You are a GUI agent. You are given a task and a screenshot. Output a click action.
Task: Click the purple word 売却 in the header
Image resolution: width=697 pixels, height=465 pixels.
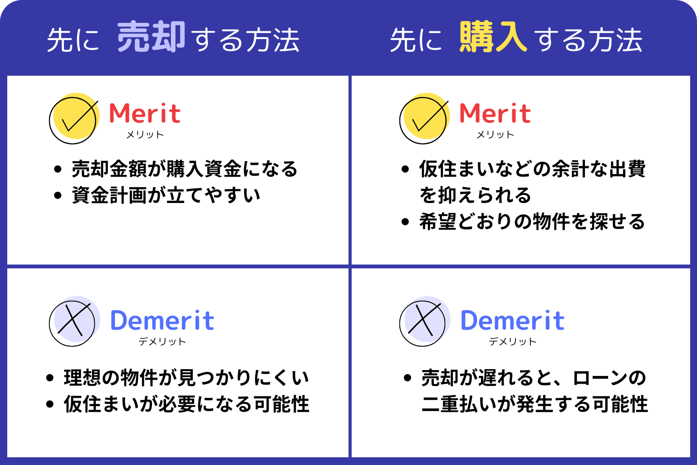[151, 36]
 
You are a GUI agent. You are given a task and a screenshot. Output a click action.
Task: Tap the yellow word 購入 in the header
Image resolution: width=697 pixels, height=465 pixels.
[493, 36]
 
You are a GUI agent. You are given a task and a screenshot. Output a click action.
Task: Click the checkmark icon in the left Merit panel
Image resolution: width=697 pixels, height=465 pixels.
[74, 119]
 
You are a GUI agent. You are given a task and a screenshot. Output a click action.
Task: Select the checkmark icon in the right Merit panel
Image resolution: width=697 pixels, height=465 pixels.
[424, 119]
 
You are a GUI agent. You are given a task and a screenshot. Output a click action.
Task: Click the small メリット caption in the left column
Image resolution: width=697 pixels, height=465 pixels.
[145, 134]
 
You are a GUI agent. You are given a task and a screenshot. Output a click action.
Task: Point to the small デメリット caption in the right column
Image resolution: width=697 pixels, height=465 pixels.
[512, 341]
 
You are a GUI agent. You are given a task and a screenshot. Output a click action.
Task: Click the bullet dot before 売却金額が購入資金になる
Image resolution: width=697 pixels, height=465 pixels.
[58, 169]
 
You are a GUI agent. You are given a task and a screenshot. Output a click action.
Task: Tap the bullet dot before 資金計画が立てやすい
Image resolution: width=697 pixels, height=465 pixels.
[58, 196]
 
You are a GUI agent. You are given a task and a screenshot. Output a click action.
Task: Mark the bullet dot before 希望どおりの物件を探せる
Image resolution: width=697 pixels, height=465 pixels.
[405, 222]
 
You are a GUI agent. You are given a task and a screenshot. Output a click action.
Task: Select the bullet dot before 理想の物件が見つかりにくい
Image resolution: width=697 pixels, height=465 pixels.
[50, 378]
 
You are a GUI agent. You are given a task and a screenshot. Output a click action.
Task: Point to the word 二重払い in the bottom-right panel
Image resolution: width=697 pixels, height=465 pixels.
[459, 404]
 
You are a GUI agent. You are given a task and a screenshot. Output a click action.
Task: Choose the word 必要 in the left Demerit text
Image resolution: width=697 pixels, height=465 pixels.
[177, 404]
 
